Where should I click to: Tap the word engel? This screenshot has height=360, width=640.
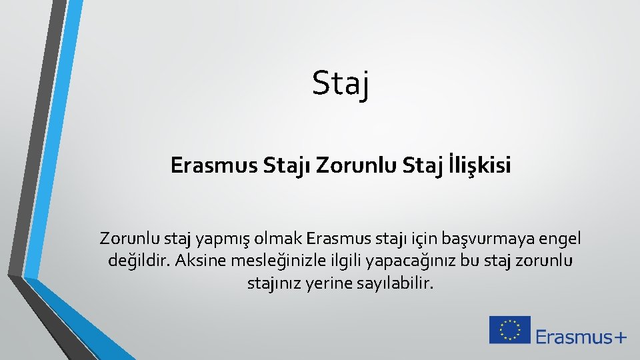pos(561,238)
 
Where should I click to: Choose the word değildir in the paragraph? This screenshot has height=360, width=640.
pos(138,260)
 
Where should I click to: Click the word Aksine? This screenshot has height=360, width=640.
pos(199,260)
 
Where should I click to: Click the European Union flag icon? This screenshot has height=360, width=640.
pos(510,330)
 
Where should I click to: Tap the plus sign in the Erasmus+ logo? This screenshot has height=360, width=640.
pos(619,337)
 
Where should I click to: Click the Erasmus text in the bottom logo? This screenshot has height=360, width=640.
pos(573,337)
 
